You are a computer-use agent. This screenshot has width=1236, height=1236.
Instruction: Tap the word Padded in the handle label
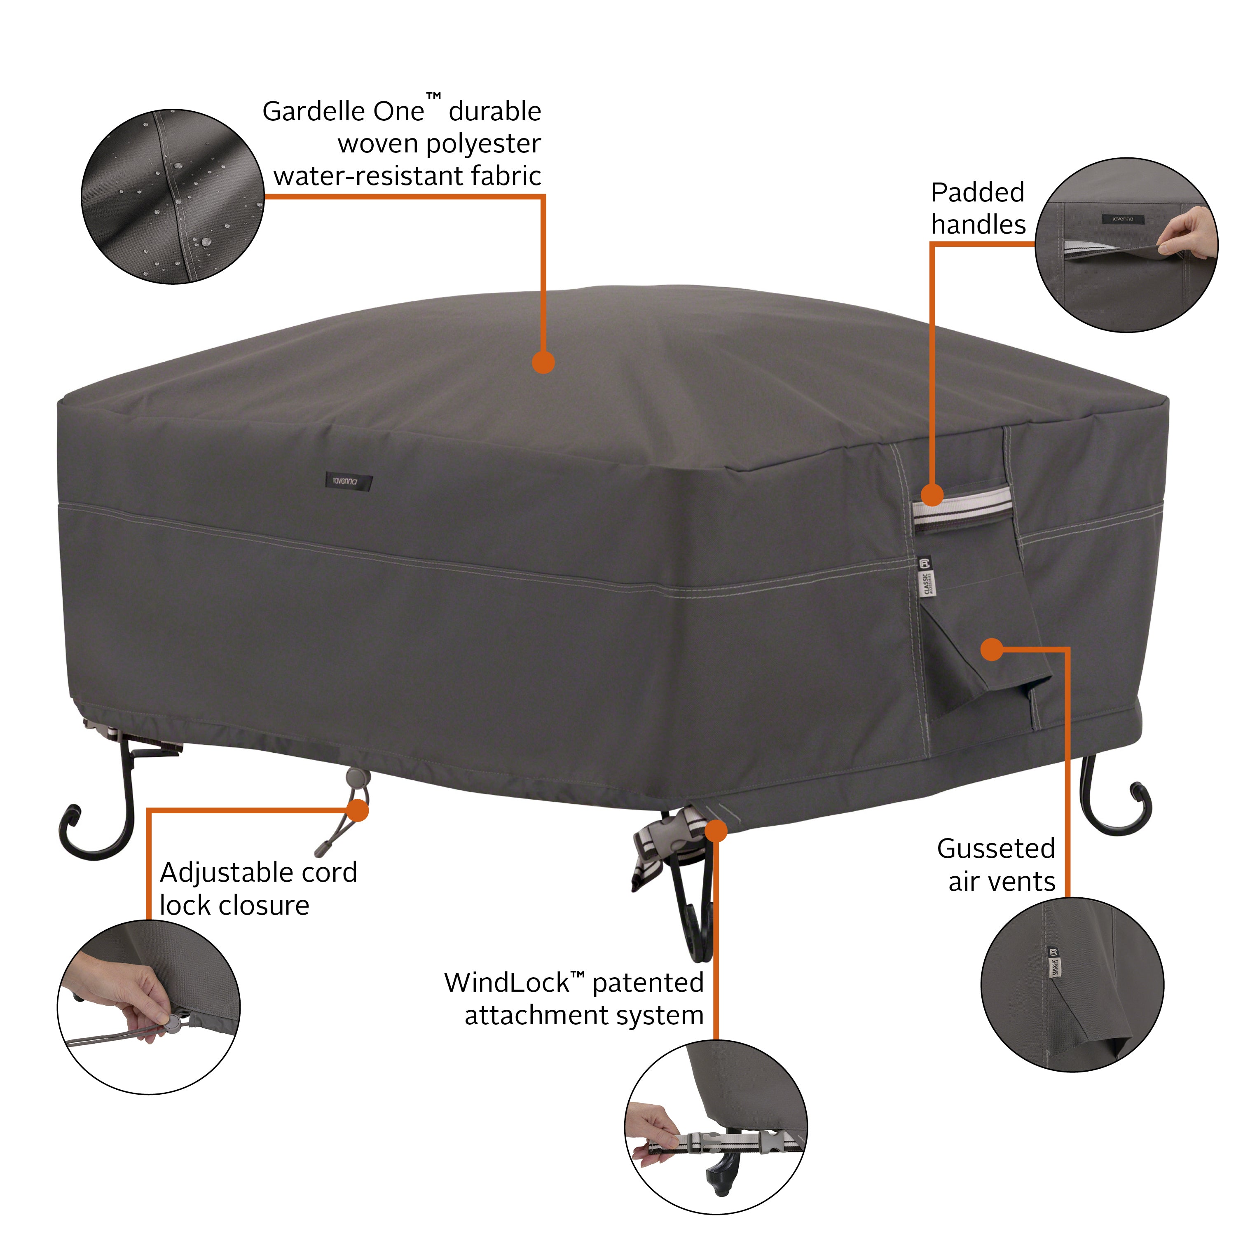click(x=977, y=192)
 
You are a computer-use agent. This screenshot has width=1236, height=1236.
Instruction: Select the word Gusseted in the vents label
click(x=995, y=850)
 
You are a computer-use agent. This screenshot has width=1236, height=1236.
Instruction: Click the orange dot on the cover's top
click(x=543, y=362)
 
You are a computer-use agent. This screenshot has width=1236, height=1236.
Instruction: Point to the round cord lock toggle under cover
click(x=355, y=778)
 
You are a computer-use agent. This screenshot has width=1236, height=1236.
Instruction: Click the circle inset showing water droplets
click(x=173, y=197)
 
